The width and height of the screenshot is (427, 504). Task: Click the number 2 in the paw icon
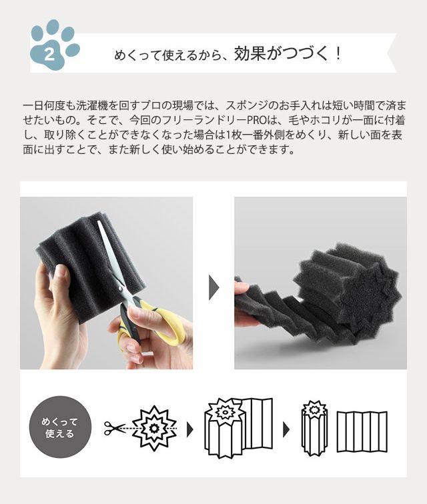pyautogui.click(x=49, y=55)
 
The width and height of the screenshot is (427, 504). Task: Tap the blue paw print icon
pyautogui.click(x=55, y=45)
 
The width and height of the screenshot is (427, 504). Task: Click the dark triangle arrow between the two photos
pyautogui.click(x=213, y=287)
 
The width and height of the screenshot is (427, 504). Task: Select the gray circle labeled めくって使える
pyautogui.click(x=60, y=427)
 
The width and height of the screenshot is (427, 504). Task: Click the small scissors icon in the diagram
pyautogui.click(x=114, y=428)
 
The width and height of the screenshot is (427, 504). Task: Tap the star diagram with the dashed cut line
pyautogui.click(x=154, y=429)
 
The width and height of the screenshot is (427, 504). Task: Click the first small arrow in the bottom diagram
pyautogui.click(x=190, y=429)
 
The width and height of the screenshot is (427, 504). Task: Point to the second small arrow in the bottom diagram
pyautogui.click(x=286, y=429)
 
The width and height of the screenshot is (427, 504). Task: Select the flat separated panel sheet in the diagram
pyautogui.click(x=362, y=431)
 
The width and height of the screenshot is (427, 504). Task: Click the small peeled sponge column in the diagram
pyautogui.click(x=314, y=427)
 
